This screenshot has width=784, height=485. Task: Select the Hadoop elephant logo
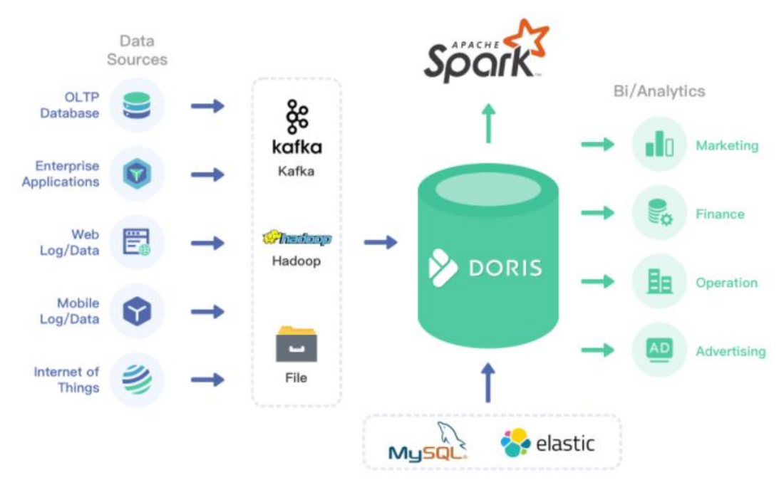(x=296, y=239)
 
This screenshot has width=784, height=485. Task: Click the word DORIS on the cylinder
(x=505, y=268)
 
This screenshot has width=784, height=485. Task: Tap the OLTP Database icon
(x=137, y=105)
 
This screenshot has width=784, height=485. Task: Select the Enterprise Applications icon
(x=137, y=174)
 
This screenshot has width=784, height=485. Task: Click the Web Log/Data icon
(x=137, y=243)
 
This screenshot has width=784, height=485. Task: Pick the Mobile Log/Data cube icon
(x=137, y=311)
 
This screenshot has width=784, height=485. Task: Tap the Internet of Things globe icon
(x=137, y=380)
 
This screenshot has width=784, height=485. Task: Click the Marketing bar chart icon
(x=659, y=145)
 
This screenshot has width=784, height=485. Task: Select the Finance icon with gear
(x=659, y=213)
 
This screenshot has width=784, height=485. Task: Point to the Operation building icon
(x=659, y=281)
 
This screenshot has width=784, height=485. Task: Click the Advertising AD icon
(x=659, y=350)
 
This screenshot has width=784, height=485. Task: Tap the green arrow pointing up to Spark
(x=488, y=123)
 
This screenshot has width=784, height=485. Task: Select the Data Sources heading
(x=137, y=50)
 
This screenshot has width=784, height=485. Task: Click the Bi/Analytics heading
(x=659, y=91)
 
